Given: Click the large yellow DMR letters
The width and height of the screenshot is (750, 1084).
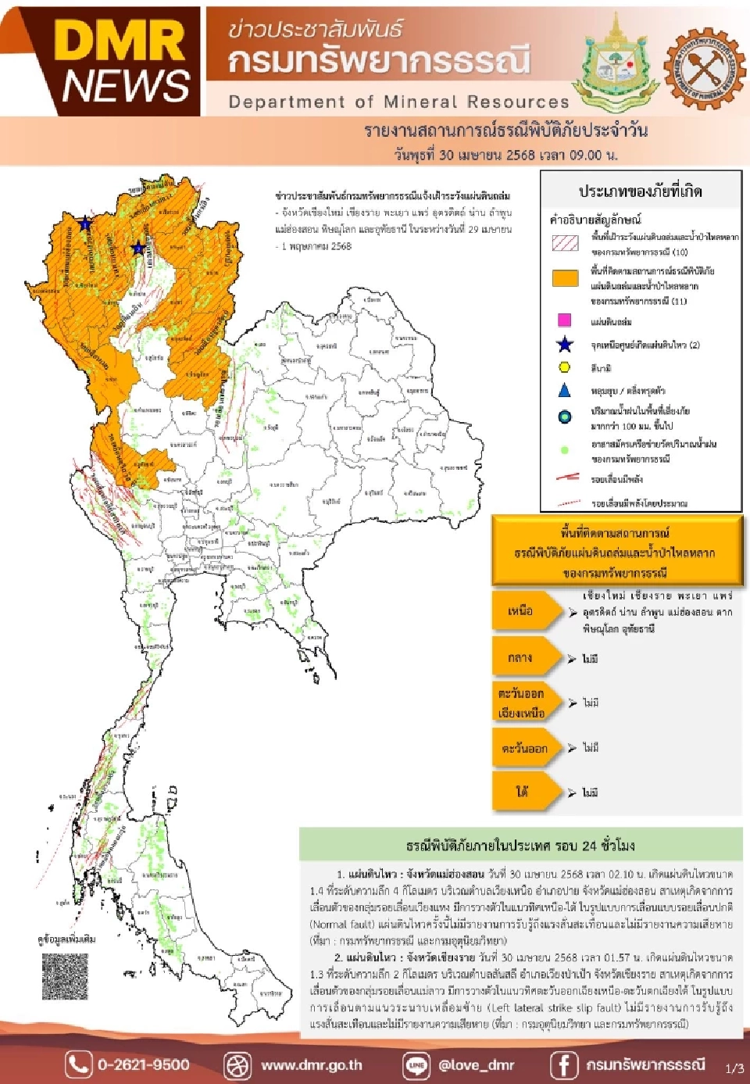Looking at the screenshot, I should (x=121, y=41).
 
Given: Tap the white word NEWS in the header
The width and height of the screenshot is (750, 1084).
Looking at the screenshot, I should (x=125, y=85).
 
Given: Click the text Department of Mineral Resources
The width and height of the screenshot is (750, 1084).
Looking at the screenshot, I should (x=398, y=102).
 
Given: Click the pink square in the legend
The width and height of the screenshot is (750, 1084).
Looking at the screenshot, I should (x=564, y=320).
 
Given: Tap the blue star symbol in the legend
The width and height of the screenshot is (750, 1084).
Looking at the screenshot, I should (x=564, y=345).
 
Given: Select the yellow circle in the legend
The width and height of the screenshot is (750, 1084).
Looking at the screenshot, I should (x=564, y=367).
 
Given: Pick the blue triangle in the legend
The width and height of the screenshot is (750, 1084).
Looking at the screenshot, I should (x=564, y=390).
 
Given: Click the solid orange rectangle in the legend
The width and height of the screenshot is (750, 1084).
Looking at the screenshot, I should (x=565, y=278).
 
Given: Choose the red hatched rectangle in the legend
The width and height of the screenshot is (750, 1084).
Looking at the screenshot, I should (x=565, y=243).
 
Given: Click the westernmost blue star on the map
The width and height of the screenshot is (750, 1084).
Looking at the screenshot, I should (x=85, y=224).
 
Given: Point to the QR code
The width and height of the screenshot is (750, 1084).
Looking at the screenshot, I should (x=65, y=976).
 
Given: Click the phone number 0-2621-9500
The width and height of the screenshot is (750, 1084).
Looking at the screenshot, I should (x=143, y=1064).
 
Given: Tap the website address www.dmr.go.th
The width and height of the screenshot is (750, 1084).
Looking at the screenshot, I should (x=311, y=1064).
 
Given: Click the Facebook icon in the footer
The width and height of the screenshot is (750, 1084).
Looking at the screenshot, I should (x=564, y=1064).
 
